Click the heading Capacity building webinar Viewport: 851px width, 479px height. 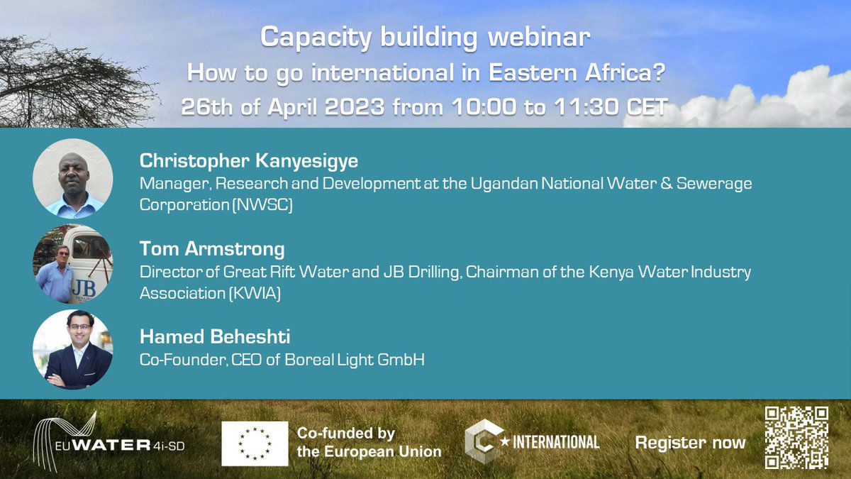pyautogui.click(x=425, y=37)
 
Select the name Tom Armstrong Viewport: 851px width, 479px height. pyautogui.click(x=212, y=249)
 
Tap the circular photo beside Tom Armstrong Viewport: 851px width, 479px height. pyautogui.click(x=73, y=264)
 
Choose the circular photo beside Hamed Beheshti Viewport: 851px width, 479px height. pyautogui.click(x=73, y=349)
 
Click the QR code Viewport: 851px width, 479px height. pyautogui.click(x=797, y=437)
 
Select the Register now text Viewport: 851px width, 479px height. pyautogui.click(x=690, y=444)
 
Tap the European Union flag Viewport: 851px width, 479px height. pyautogui.click(x=255, y=444)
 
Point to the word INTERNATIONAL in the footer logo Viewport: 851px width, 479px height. pyautogui.click(x=556, y=442)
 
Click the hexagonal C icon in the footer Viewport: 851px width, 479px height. pyautogui.click(x=480, y=441)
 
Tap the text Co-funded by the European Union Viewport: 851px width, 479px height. pyautogui.click(x=369, y=442)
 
